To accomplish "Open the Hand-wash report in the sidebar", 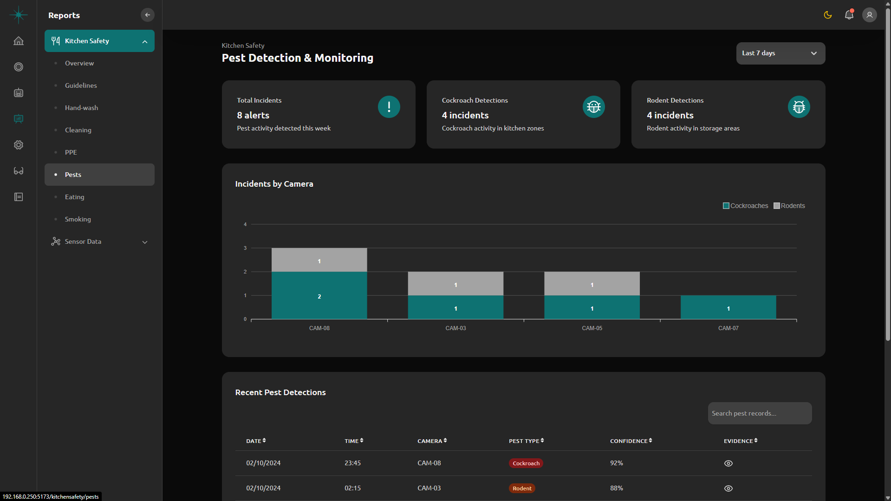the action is pos(81,108).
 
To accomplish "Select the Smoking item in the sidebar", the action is pos(78,219).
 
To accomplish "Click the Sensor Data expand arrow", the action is pos(145,242).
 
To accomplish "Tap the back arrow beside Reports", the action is pos(148,15).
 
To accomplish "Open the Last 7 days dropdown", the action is pos(780,53).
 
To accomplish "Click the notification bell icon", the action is pos(849,15).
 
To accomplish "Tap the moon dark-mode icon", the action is pos(827,15).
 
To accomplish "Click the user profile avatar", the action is pos(869,15).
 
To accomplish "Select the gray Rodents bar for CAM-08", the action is pos(319,260).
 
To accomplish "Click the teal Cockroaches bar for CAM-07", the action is pos(728,307).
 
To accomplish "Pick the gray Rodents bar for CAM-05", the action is pos(592,284).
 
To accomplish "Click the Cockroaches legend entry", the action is pos(745,206).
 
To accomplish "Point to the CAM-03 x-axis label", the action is pos(455,328).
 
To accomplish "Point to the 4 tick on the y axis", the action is pos(245,224).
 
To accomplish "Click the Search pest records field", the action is pos(760,413).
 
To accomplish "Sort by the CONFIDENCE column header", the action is pos(631,441).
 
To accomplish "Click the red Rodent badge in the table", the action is pos(522,488).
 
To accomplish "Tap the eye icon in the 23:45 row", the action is pos(728,463).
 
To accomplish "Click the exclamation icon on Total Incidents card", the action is pos(389,107).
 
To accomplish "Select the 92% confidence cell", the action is pos(616,463).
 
